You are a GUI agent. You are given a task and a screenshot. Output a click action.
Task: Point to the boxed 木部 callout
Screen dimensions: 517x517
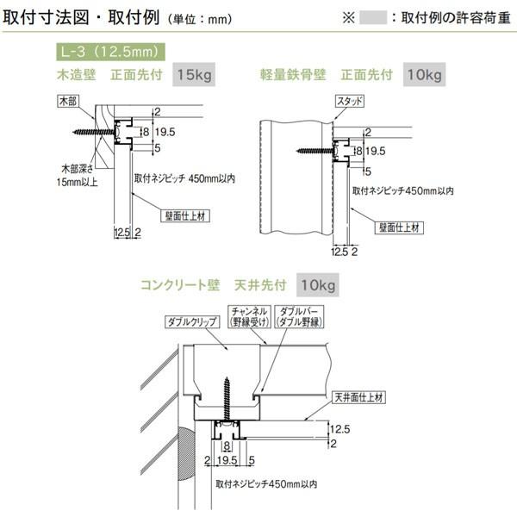pos(68,101)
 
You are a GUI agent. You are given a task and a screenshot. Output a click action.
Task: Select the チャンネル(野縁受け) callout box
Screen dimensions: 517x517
pos(249,315)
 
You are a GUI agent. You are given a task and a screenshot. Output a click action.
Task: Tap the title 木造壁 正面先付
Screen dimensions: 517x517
pos(108,75)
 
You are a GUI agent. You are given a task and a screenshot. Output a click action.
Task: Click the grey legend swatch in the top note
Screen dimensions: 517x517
pos(373,16)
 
